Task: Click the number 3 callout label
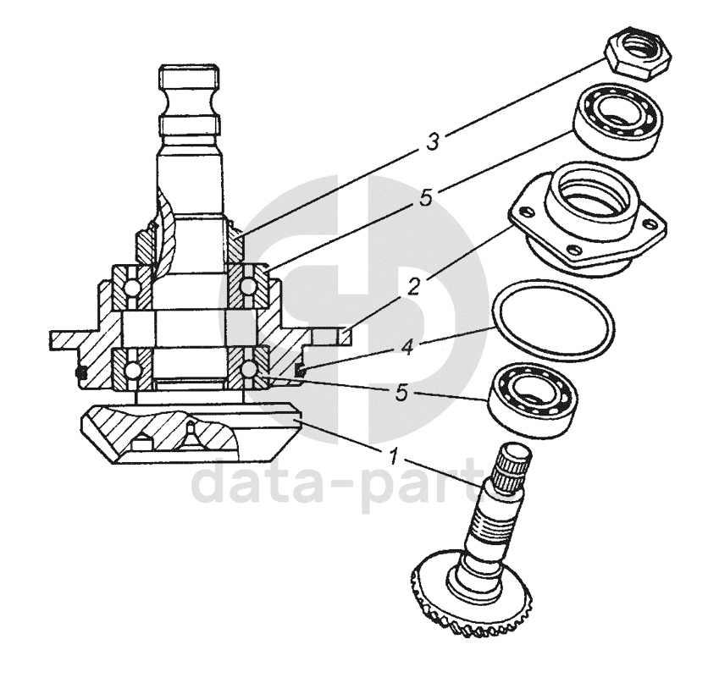(x=433, y=140)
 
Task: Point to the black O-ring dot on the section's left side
(x=83, y=370)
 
